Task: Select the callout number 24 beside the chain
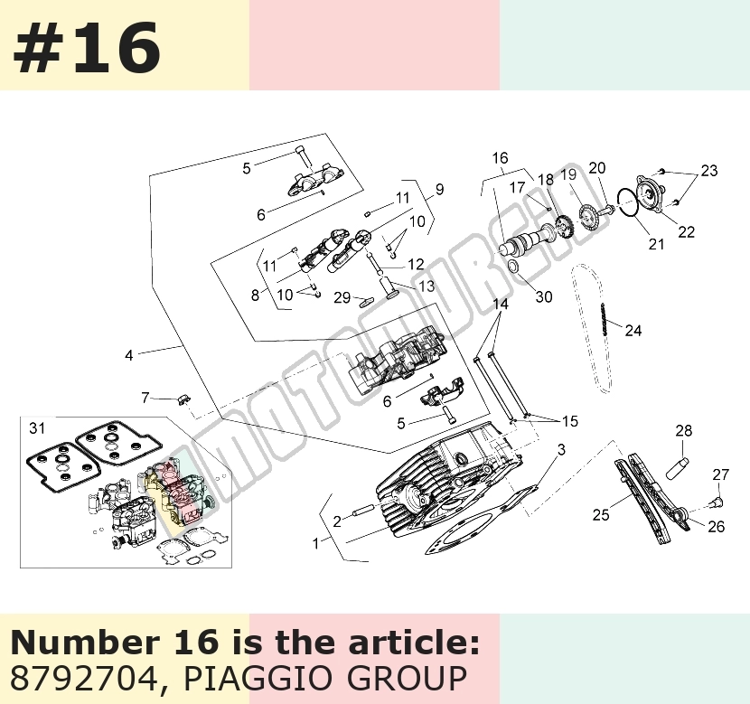(x=633, y=331)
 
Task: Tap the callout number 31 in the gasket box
(x=37, y=428)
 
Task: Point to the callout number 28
(x=683, y=431)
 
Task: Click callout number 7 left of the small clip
(x=145, y=398)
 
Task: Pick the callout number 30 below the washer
(x=544, y=297)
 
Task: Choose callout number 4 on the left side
(x=128, y=355)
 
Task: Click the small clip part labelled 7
(x=183, y=399)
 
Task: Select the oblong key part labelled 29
(x=365, y=301)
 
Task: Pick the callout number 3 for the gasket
(x=561, y=449)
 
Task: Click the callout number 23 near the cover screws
(x=709, y=171)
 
